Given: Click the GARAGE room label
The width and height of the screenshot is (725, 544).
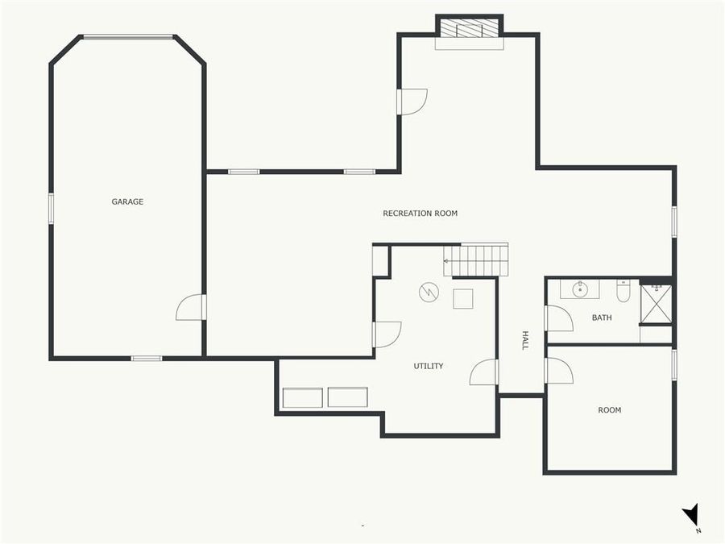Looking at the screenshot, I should point(127,201).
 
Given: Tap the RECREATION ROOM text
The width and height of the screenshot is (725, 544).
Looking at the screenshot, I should point(420,214).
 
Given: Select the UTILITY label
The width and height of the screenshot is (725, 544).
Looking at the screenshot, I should point(429,366).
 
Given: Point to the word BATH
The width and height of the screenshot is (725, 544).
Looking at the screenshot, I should point(602,318).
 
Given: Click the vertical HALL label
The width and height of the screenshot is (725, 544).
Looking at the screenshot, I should point(525,340).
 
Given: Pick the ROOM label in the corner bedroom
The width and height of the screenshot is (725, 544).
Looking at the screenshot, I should point(610,410).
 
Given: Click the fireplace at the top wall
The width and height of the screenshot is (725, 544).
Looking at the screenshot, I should point(470,29).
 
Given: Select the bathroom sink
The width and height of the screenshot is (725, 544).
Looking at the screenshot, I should point(579,288).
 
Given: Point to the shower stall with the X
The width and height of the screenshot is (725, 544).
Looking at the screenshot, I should point(656,303).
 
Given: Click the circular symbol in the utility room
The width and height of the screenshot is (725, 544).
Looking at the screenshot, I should point(429,292).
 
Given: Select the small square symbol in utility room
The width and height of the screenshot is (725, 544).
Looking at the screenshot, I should point(463,298).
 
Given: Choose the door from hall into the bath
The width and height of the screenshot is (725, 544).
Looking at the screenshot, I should point(558,318).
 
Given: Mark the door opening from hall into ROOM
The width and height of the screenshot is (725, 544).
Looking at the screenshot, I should point(558,371).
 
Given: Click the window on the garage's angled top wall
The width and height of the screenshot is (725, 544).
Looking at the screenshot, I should point(128,36).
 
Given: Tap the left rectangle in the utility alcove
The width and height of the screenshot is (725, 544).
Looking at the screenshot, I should point(302,397).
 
